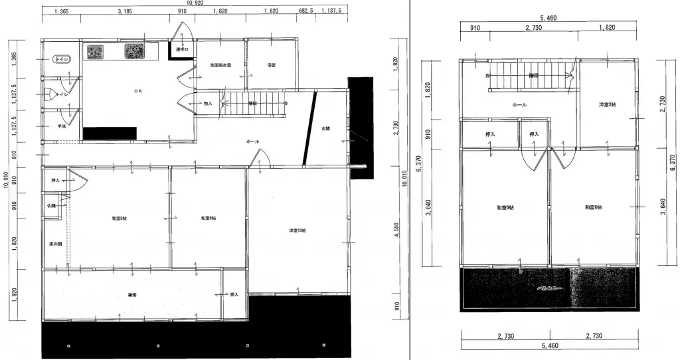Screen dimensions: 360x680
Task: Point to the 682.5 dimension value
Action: [x=306, y=11]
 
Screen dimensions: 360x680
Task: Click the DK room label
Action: [x=137, y=91]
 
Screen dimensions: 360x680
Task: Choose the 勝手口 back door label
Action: [x=182, y=49]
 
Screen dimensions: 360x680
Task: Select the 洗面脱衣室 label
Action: [x=220, y=65]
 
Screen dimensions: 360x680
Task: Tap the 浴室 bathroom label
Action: [x=271, y=65]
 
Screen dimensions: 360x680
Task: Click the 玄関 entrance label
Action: [x=325, y=128]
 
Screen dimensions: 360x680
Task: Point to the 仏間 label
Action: [x=51, y=206]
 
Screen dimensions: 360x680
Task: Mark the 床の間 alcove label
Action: [x=55, y=243]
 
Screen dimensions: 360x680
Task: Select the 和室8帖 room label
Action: [x=120, y=218]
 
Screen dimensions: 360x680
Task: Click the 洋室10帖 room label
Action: [x=297, y=230]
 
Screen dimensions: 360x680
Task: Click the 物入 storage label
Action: [x=207, y=104]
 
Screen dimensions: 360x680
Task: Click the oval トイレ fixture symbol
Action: [x=60, y=60]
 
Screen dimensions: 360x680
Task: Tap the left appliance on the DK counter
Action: [x=95, y=51]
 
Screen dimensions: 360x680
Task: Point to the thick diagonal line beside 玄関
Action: [x=308, y=128]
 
